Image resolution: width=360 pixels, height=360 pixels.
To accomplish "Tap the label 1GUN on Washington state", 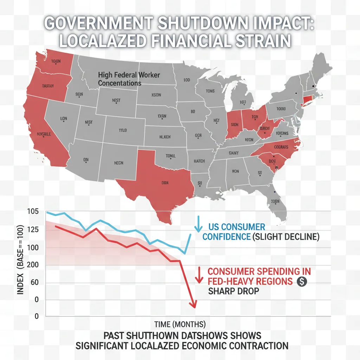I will tap(56, 60).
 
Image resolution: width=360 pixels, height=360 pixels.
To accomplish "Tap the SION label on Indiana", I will tap(234, 124).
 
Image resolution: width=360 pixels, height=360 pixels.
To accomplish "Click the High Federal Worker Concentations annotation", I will tap(129, 79).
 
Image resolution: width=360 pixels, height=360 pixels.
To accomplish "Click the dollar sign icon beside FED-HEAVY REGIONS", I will tap(301, 281).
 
